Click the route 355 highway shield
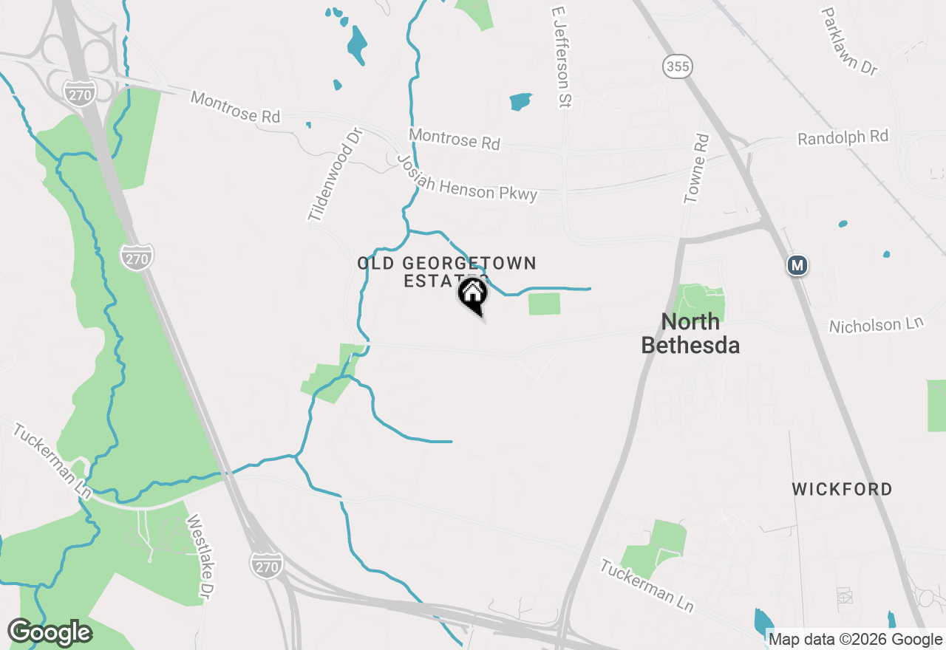click(678, 66)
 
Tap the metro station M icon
click(797, 265)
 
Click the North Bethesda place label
click(690, 333)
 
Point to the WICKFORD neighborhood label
click(842, 489)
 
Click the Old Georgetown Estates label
click(446, 271)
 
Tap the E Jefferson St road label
click(561, 58)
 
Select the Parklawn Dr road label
click(849, 41)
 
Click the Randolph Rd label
click(843, 138)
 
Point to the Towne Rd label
click(696, 168)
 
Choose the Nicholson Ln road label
click(877, 325)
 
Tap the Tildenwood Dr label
click(336, 175)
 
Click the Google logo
click(50, 633)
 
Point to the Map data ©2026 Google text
click(856, 640)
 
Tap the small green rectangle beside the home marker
click(544, 304)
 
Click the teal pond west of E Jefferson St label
click(520, 101)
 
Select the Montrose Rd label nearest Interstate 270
click(236, 107)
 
